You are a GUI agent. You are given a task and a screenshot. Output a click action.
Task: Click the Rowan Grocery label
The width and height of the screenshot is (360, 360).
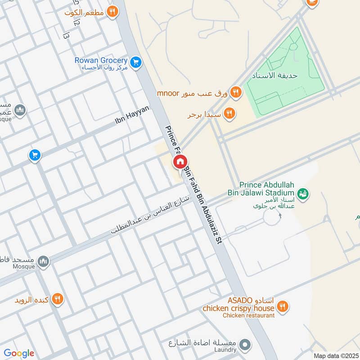(x=101, y=60)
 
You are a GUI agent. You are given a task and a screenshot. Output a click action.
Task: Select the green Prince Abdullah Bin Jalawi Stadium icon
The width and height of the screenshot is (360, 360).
(x=303, y=193)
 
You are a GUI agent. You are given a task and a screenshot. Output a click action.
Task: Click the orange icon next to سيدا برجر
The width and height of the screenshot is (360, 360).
(x=229, y=114)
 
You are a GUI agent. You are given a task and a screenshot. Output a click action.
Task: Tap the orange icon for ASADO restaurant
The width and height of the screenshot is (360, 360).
(x=283, y=307)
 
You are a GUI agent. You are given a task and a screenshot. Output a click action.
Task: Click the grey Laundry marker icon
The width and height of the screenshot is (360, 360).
(x=245, y=345)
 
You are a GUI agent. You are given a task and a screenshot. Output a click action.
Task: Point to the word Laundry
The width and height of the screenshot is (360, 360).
(x=225, y=350)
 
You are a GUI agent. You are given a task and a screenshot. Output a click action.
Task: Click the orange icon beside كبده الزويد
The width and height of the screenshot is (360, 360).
(x=57, y=298)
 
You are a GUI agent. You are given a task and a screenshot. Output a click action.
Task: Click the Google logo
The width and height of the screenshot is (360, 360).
(x=19, y=353)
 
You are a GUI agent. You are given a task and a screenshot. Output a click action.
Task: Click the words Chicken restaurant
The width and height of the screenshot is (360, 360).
(x=248, y=315)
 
